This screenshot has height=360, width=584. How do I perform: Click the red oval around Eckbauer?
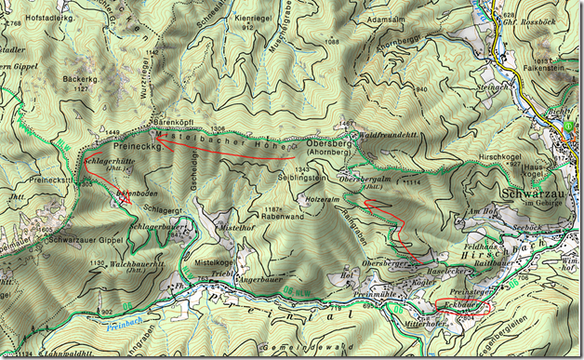(461, 306)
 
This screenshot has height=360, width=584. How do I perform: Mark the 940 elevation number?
(421, 88)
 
